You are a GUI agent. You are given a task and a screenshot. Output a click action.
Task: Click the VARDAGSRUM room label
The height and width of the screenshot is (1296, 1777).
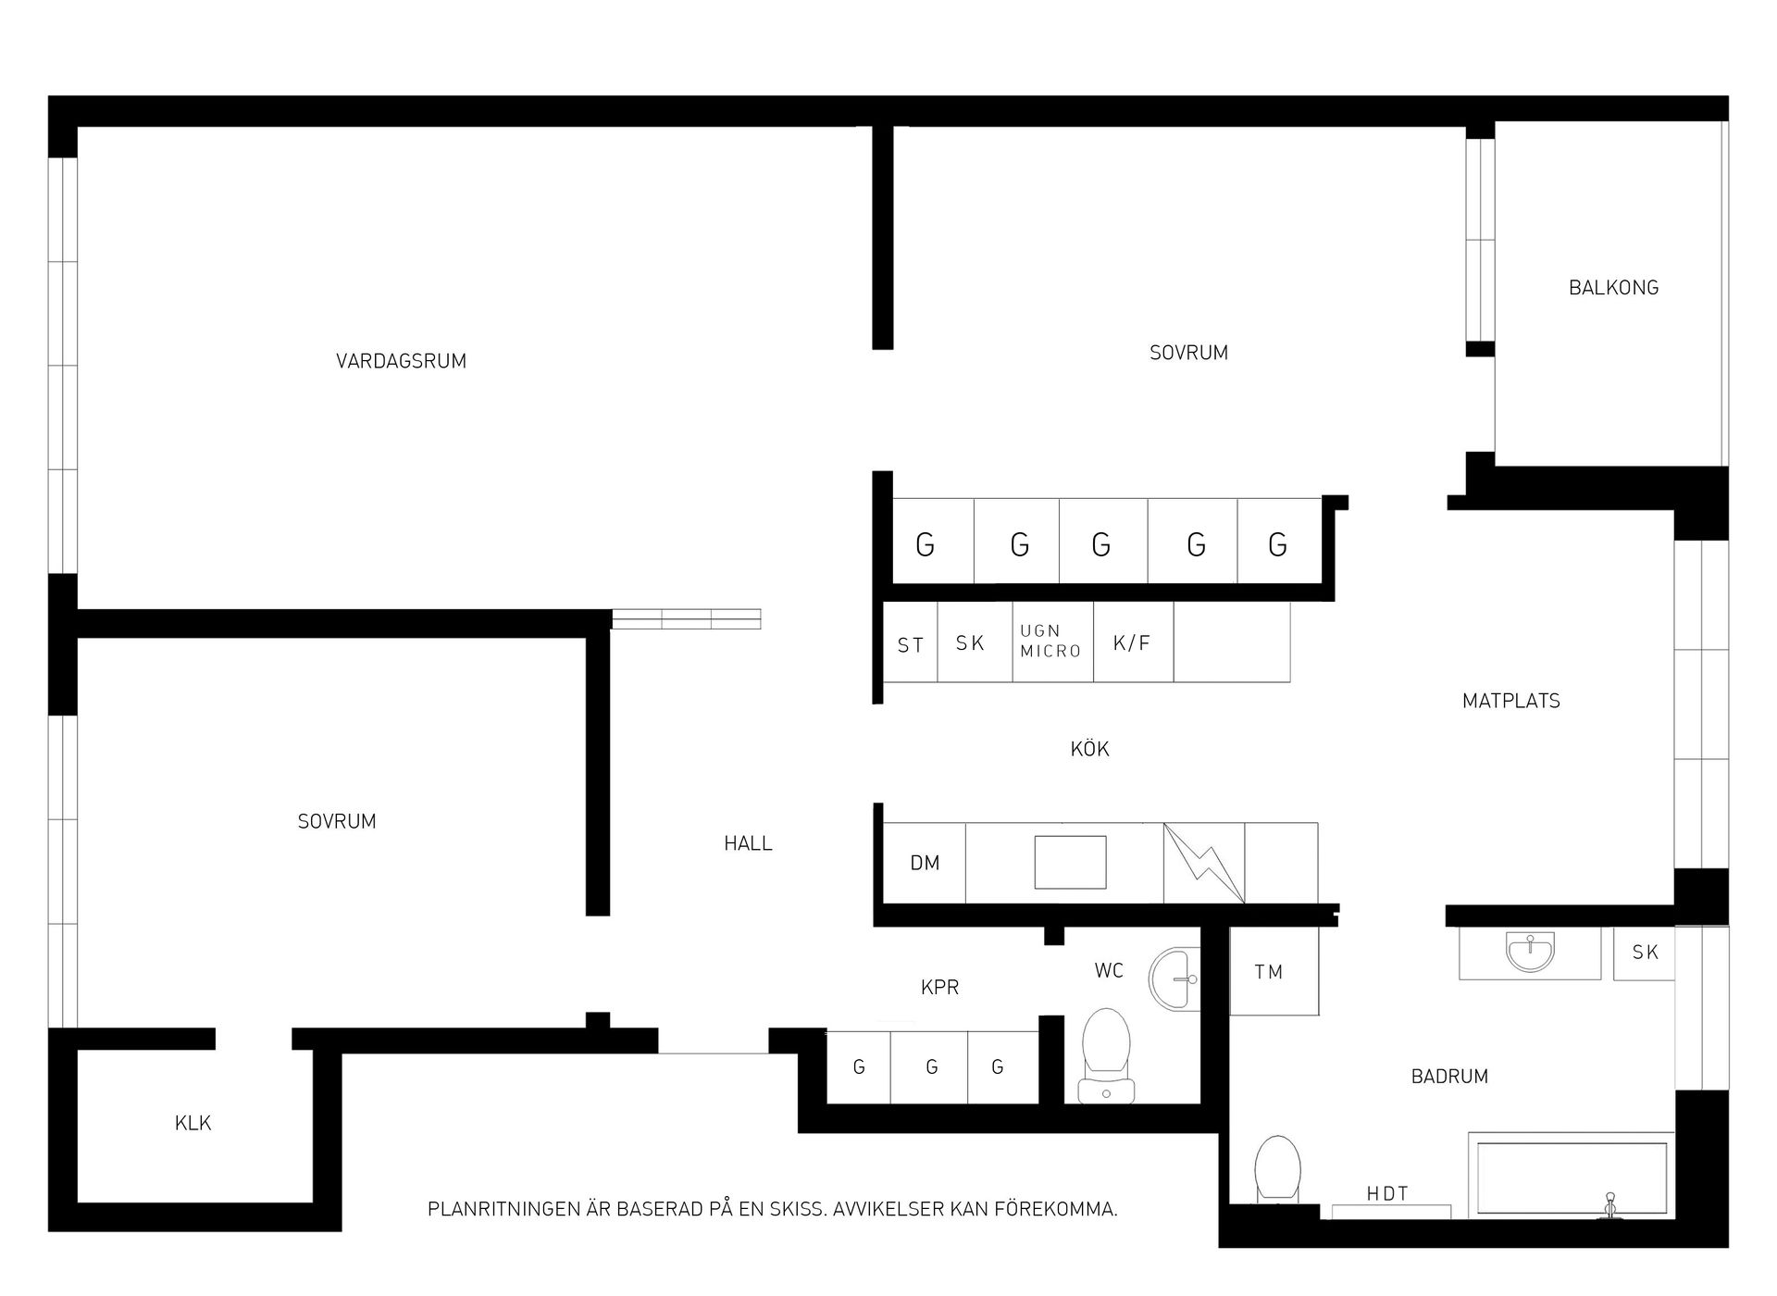coord(401,361)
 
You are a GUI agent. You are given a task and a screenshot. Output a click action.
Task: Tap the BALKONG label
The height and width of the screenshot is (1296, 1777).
coord(1613,288)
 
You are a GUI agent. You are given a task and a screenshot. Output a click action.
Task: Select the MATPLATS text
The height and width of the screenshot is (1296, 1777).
coord(1510,701)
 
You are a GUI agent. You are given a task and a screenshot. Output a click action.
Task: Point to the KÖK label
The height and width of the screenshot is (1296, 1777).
coord(1089,748)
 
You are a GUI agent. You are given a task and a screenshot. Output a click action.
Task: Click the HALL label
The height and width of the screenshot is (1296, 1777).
coord(748,843)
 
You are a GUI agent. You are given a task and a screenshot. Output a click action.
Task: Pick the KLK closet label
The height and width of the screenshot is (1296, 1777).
coord(193,1123)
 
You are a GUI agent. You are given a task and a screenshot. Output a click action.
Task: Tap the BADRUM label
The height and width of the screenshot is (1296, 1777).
coord(1449,1077)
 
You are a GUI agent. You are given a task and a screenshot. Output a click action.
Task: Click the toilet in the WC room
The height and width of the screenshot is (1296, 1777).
coord(1107,1056)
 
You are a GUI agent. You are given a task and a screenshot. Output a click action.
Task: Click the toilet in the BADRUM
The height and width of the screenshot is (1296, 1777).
coord(1277,1169)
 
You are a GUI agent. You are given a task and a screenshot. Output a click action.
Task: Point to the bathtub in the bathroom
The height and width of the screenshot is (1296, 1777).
coord(1572,1177)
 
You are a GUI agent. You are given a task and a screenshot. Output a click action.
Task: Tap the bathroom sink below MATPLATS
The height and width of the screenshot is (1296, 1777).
coord(1530,952)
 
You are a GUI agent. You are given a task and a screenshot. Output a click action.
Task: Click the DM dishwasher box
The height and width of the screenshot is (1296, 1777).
coord(925,863)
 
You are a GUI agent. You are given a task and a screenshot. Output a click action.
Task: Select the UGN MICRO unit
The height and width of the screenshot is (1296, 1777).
coord(1052,642)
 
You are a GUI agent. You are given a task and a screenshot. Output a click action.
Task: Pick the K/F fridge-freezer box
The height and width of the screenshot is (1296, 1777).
coord(1133,642)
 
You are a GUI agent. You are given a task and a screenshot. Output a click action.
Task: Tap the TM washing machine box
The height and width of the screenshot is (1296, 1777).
coord(1274,971)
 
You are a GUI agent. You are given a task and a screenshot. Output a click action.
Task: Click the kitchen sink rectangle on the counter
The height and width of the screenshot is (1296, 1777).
coord(1070,863)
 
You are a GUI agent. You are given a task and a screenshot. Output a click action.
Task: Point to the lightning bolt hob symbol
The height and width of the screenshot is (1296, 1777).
coord(1204,863)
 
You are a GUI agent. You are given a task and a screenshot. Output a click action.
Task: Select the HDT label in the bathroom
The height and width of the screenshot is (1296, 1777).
coord(1387,1194)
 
